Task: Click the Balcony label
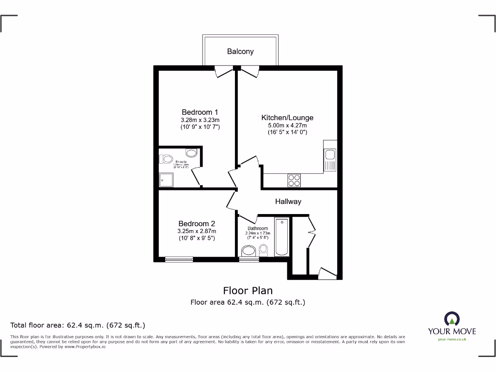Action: (240, 51)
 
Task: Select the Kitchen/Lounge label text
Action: (287, 118)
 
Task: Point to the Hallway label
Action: (288, 201)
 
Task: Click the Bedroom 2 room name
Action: (197, 223)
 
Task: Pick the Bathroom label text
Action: (258, 229)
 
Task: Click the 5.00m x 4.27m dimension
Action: (287, 125)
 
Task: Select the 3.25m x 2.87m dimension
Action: (197, 231)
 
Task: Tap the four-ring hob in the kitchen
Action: (294, 180)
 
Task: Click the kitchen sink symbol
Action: (330, 155)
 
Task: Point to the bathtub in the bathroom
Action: (281, 237)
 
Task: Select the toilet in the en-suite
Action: (167, 158)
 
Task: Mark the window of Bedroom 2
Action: (179, 260)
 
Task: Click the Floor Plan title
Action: (248, 291)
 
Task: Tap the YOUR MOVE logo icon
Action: (451, 318)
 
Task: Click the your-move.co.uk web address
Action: (451, 340)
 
